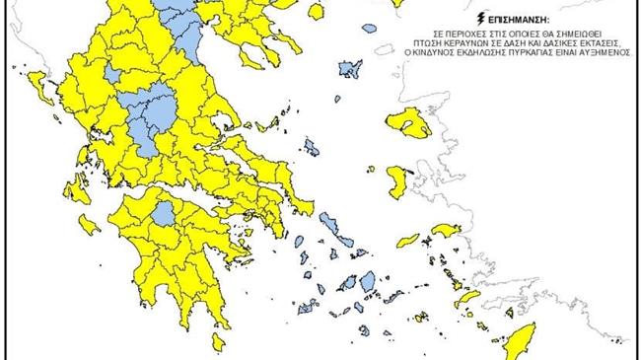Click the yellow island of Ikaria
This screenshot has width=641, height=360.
point(408,240)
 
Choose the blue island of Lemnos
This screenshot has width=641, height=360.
point(351,69)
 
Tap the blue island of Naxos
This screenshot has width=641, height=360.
point(366,279)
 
